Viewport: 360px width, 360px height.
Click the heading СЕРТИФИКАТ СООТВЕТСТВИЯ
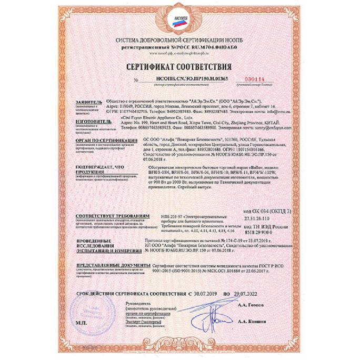click(x=178, y=67)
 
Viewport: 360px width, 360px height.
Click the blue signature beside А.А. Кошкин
click(x=216, y=318)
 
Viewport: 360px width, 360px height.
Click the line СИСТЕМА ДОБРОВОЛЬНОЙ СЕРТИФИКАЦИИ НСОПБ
click(x=179, y=41)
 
